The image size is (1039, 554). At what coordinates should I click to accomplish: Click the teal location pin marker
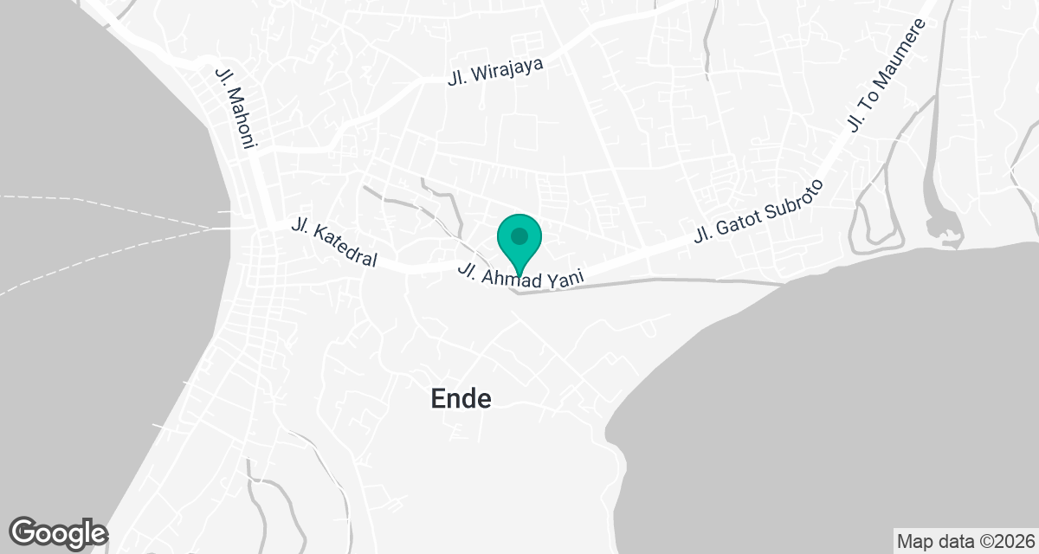pos(519,242)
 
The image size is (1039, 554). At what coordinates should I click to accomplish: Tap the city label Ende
pos(461,398)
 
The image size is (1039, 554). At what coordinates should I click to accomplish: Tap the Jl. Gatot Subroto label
pos(758,211)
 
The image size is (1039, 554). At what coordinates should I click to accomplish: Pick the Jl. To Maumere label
pos(887,76)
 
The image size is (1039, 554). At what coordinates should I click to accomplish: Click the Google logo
pos(58,531)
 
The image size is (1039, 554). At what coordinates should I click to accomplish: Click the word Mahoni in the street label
pos(237,118)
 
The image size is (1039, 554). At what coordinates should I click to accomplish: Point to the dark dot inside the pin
pos(519,235)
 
